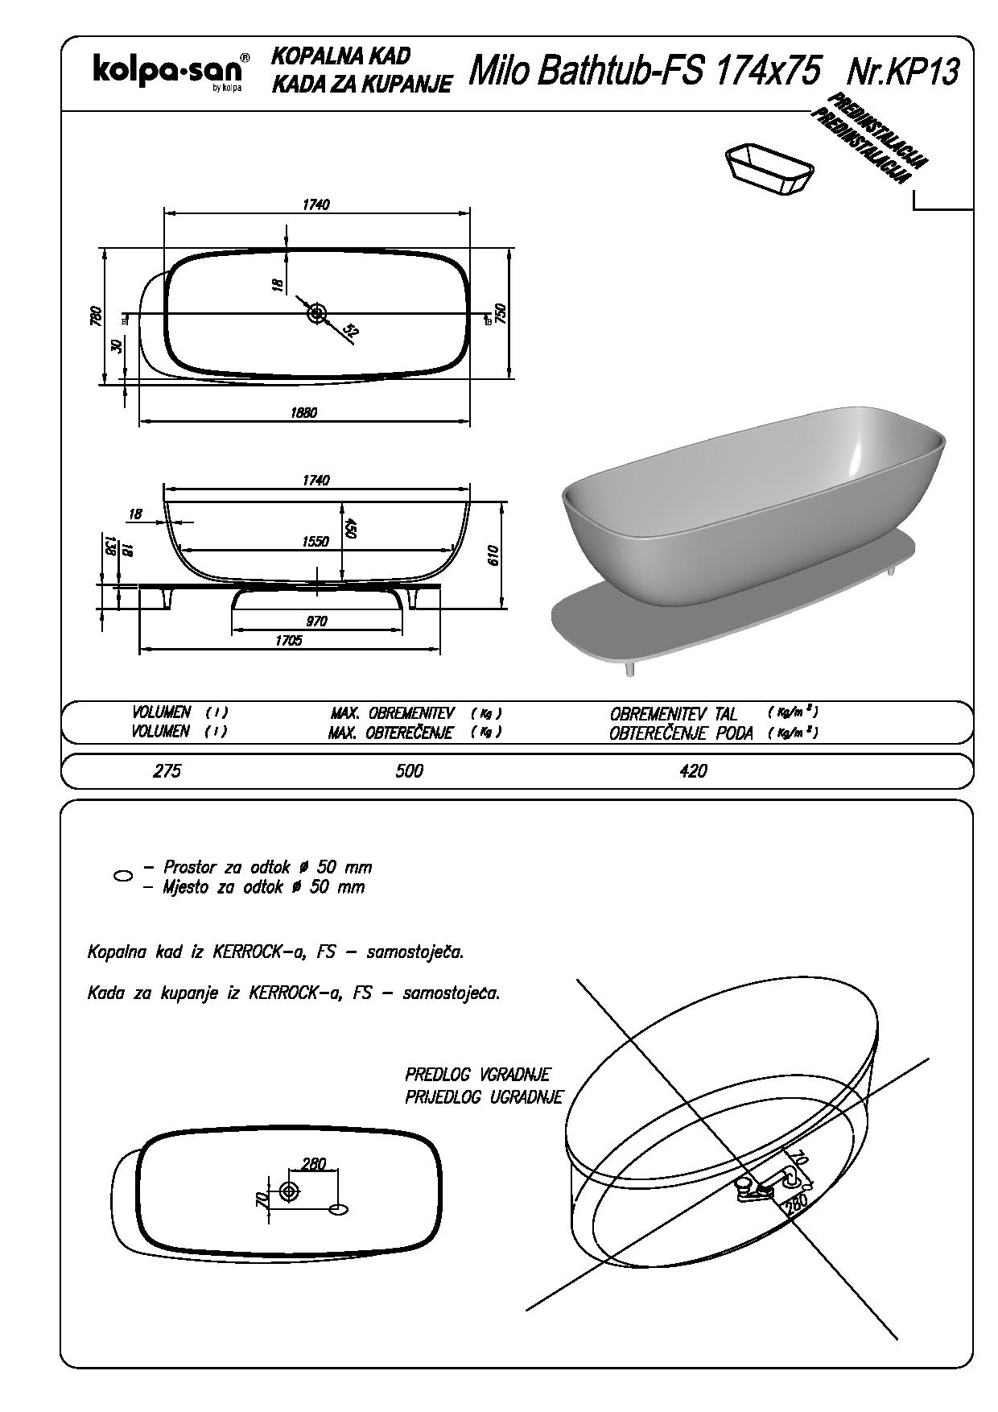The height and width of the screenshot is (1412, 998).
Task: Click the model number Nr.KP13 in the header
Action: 903,72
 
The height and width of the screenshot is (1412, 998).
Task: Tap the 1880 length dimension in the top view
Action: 303,413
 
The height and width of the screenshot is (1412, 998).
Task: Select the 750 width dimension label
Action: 500,314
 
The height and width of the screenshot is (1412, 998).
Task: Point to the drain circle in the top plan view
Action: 316,313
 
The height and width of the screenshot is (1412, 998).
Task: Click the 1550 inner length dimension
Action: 315,542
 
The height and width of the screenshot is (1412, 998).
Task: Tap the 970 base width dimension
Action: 316,621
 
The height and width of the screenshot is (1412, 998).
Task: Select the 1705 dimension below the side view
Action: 288,641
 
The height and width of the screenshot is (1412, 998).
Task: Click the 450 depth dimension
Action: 350,527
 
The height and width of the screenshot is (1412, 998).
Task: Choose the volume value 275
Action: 167,771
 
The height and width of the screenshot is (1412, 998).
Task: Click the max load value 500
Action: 409,771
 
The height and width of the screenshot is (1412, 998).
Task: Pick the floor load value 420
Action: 693,771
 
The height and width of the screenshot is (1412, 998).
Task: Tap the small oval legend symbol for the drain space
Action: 123,877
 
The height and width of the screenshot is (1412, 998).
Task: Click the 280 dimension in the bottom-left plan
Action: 313,1163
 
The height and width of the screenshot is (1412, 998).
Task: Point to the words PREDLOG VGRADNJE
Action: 477,1075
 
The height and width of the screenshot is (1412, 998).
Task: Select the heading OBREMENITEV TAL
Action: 674,714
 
